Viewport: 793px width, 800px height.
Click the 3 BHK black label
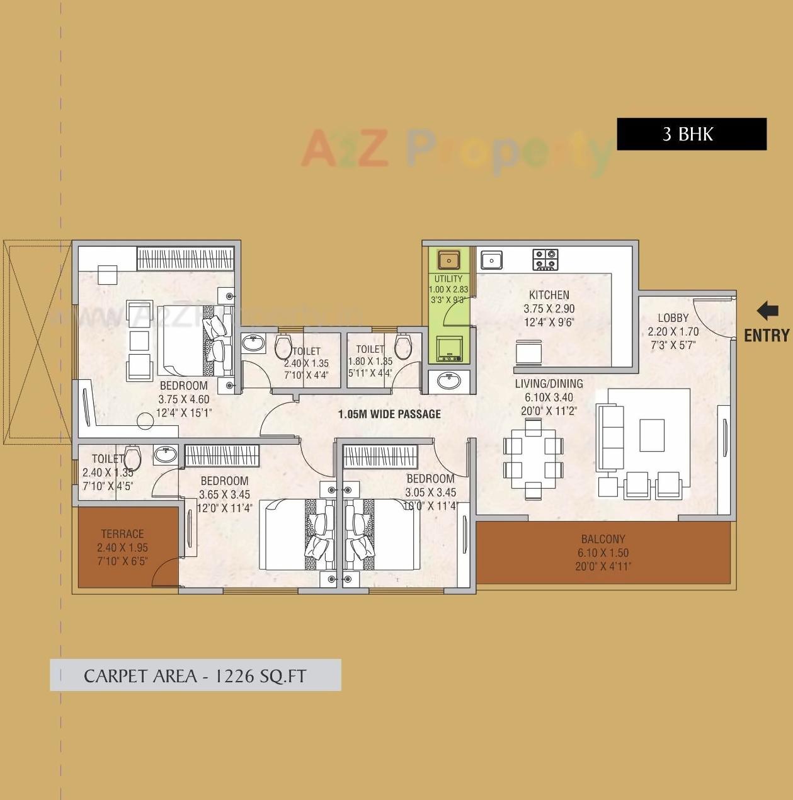click(691, 134)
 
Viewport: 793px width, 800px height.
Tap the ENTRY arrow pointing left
click(767, 311)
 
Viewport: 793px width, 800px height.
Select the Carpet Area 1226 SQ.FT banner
click(195, 675)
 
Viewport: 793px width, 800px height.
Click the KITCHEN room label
click(549, 295)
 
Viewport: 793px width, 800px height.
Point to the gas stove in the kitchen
click(545, 259)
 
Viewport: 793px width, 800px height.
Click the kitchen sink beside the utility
click(491, 260)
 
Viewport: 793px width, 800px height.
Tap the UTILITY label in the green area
click(448, 278)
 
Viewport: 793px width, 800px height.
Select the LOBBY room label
click(673, 318)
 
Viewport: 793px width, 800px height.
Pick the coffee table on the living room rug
click(652, 435)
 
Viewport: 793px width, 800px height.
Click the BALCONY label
click(603, 539)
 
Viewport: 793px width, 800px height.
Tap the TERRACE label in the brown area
click(122, 534)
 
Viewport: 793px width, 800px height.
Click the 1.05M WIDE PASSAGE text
click(389, 414)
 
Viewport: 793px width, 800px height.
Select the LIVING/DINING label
click(549, 384)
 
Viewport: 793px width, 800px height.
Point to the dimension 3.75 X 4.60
click(183, 399)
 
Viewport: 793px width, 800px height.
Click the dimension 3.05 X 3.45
click(430, 493)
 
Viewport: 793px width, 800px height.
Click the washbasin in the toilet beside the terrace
click(166, 454)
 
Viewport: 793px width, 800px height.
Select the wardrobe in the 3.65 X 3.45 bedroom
click(222, 456)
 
